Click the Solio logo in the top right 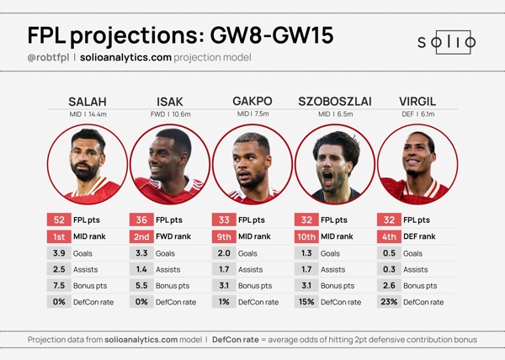(447, 42)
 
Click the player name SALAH (88, 102)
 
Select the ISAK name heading (170, 102)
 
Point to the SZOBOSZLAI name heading (335, 102)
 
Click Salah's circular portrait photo (88, 164)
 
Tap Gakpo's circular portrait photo (252, 164)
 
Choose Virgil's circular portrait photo (417, 164)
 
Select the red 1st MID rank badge (58, 236)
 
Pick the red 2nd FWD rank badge (141, 236)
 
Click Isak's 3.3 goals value (141, 252)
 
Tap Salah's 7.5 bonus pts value (58, 285)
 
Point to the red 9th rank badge (223, 236)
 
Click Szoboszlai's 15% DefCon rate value (306, 301)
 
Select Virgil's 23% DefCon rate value (388, 301)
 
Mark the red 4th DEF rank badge (388, 236)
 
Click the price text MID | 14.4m (88, 114)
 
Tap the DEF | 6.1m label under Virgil (417, 114)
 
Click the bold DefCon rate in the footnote (237, 339)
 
